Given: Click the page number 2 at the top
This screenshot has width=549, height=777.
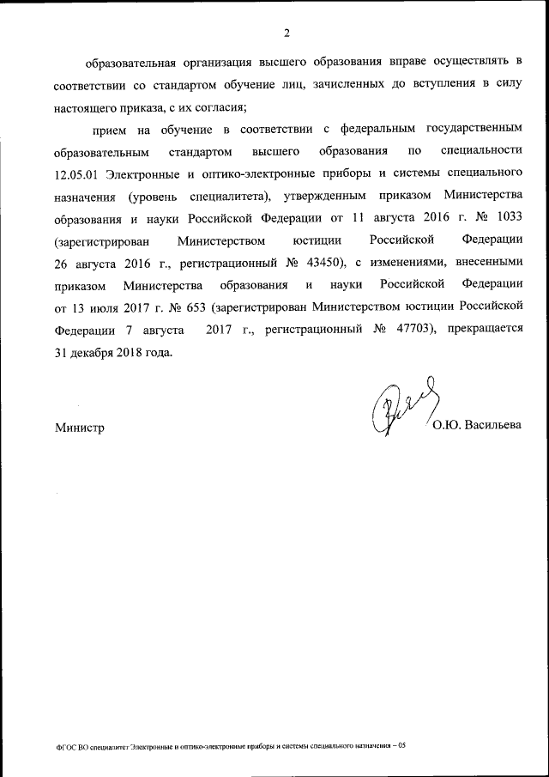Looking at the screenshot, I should point(287,33).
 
